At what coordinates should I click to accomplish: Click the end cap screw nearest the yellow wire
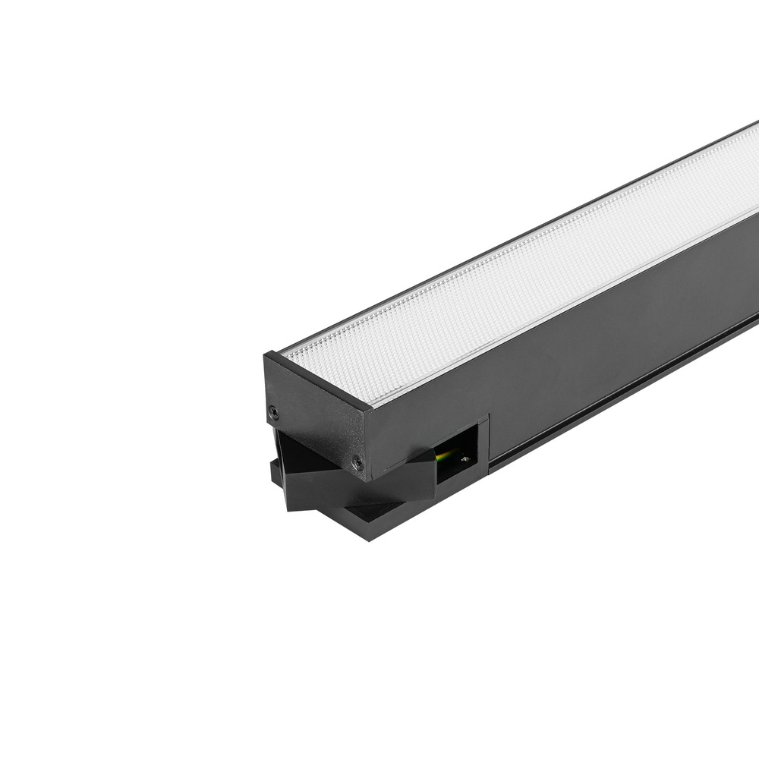pos(356,460)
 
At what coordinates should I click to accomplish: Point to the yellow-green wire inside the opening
pos(446,455)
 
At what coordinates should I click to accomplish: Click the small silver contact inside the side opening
pos(465,459)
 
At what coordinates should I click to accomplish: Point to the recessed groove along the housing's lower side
pos(622,395)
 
